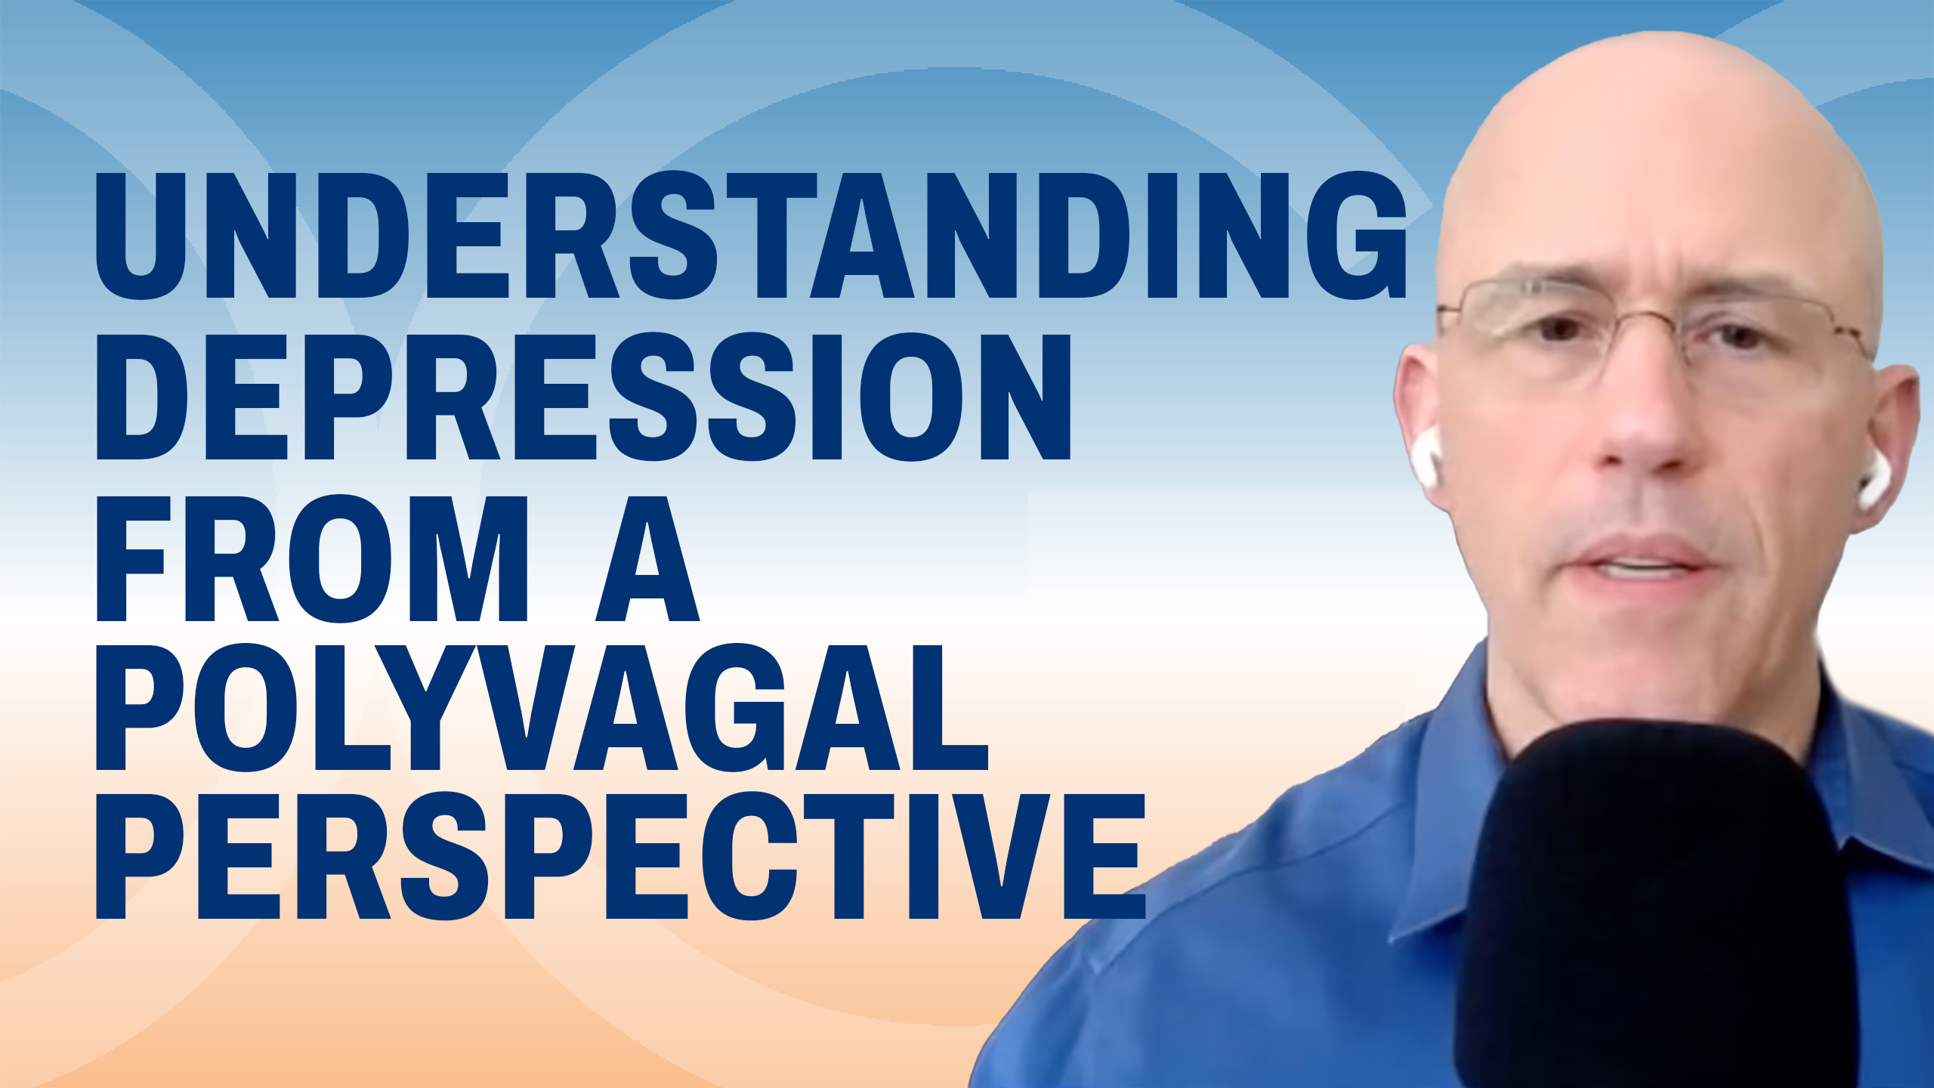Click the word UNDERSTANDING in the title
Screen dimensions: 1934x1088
tap(751, 235)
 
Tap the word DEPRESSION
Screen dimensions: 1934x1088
tap(584, 396)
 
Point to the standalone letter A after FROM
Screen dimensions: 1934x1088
tap(648, 558)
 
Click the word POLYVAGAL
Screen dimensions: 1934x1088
tap(542, 706)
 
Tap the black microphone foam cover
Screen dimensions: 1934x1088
tap(1654, 907)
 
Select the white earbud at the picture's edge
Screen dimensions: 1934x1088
tap(1871, 481)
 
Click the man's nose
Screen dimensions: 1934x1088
tap(1639, 423)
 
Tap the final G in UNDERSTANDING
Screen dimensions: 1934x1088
tap(1357, 235)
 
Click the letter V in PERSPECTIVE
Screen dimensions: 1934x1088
tap(1001, 855)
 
